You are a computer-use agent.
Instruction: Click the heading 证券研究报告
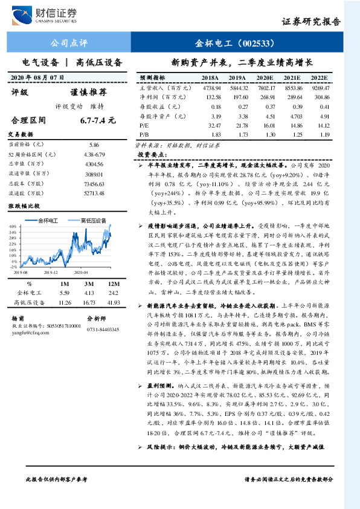pos(312,21)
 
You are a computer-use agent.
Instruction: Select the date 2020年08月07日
pos(37,77)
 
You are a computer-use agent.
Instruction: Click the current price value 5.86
pos(94,145)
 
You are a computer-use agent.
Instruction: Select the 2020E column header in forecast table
pos(264,79)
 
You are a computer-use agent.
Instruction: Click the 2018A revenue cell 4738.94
pos(210,88)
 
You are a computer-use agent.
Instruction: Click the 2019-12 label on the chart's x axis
pos(57,273)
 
